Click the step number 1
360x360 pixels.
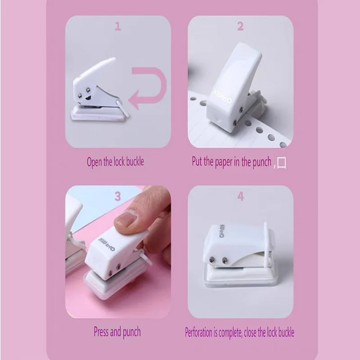coord(117,27)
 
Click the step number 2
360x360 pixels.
coord(240,27)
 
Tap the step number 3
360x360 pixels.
coord(117,196)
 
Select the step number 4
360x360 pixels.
coord(240,196)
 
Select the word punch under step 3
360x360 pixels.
coord(131,333)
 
